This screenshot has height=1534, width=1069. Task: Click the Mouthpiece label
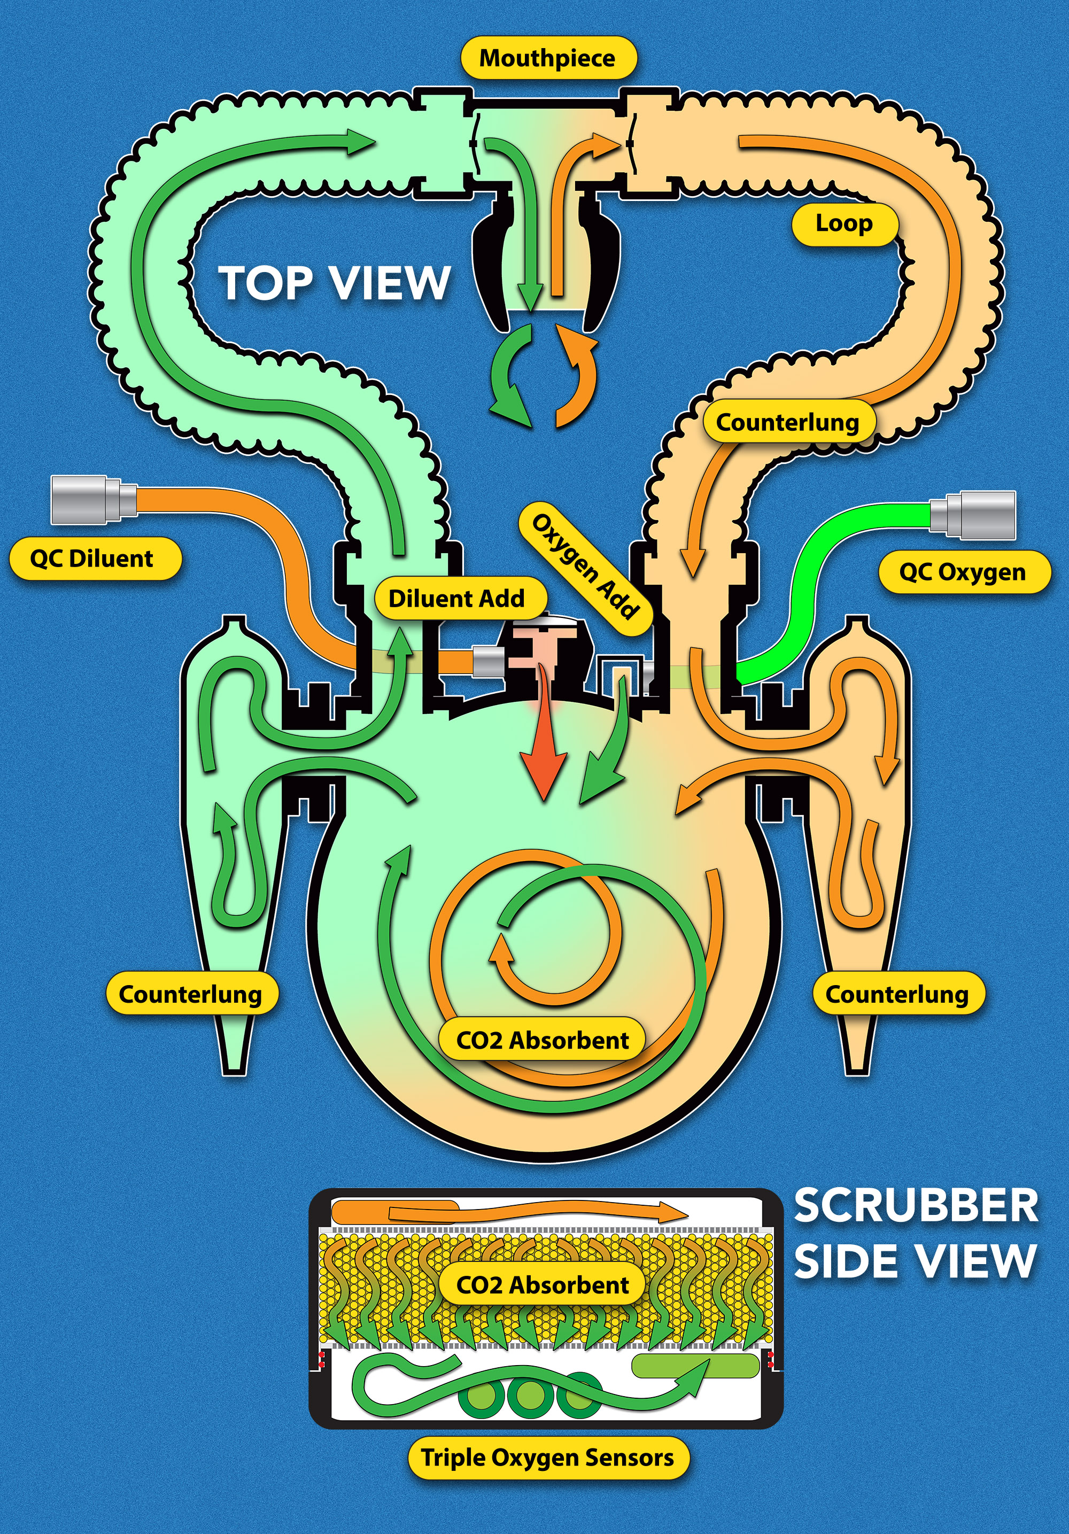[x=547, y=58]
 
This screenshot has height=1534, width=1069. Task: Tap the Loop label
[x=843, y=224]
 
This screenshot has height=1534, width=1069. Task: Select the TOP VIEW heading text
[x=334, y=283]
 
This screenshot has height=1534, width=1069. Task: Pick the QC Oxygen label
[x=962, y=572]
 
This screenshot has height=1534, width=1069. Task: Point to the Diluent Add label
[x=457, y=599]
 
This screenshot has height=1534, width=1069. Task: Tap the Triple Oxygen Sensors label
[x=547, y=1457]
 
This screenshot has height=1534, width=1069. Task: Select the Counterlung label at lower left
[x=190, y=994]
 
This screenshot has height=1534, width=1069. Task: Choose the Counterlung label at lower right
[x=897, y=994]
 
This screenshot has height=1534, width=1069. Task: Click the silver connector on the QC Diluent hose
[x=92, y=500]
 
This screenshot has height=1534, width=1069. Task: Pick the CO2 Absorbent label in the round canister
[x=543, y=1040]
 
